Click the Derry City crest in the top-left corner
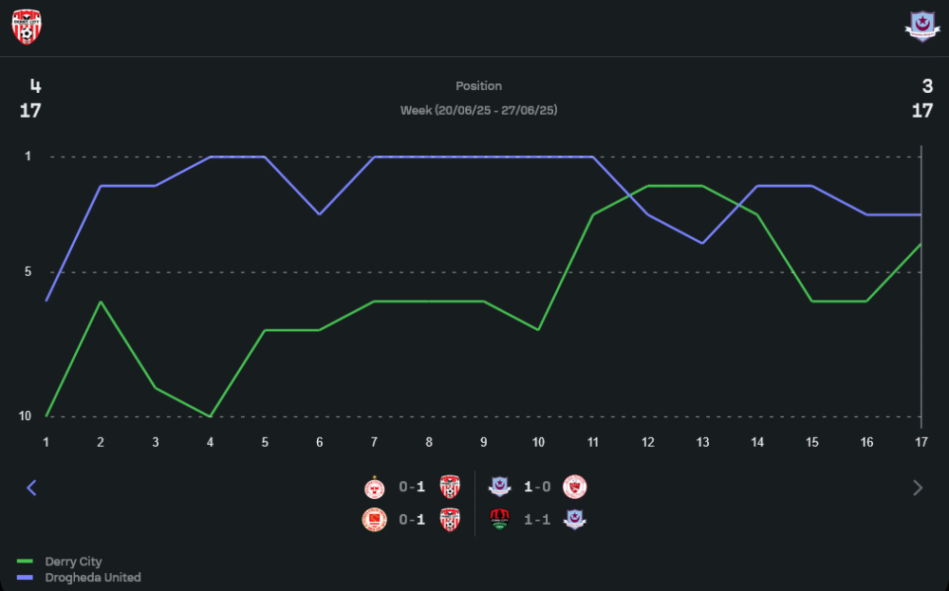27,28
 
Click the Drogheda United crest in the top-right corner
921,28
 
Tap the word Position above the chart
478,85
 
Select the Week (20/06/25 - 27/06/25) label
478,110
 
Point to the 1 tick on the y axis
28,156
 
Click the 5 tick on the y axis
28,272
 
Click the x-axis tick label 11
593,442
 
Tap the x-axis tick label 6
320,442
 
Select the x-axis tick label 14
757,442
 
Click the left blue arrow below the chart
31,488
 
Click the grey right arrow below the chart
917,488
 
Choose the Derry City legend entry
72,562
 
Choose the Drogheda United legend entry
92,577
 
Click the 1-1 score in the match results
538,519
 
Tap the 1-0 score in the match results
538,488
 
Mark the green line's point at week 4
210,416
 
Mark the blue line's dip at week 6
320,214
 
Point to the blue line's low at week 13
702,243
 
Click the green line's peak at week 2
101,302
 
